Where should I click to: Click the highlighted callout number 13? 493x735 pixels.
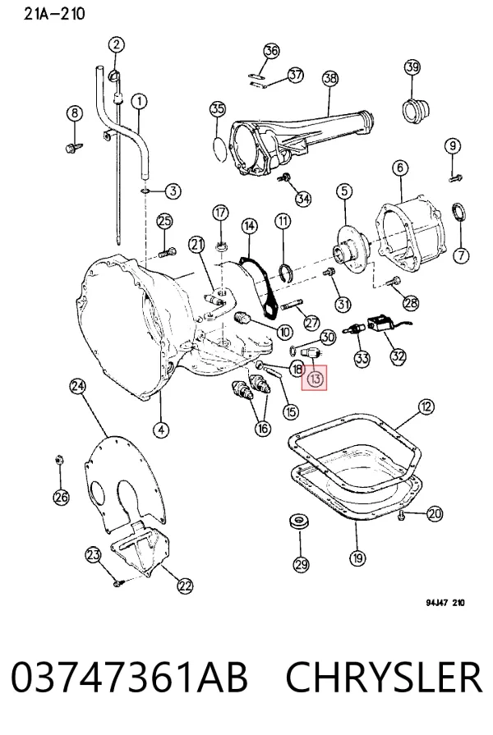coord(316,379)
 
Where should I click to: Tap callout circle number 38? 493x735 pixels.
coord(330,77)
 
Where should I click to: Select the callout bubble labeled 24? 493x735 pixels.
coord(78,386)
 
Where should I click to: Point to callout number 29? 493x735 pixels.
coord(301,564)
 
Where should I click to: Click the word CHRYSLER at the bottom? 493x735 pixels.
coord(383,678)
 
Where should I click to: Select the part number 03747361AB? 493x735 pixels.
coord(129,678)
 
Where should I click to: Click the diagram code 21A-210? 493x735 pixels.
coord(54,14)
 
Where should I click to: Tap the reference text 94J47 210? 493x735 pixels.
coord(445,602)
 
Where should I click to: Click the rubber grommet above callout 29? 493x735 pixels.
coord(299,521)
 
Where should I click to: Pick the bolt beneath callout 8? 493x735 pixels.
coord(74,147)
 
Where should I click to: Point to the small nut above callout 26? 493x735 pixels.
coord(58,460)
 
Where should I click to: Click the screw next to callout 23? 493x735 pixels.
coord(117,583)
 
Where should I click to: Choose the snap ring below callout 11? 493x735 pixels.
coord(287,272)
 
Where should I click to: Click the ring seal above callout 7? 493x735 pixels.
coord(458,213)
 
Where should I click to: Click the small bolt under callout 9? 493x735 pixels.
coord(455,177)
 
